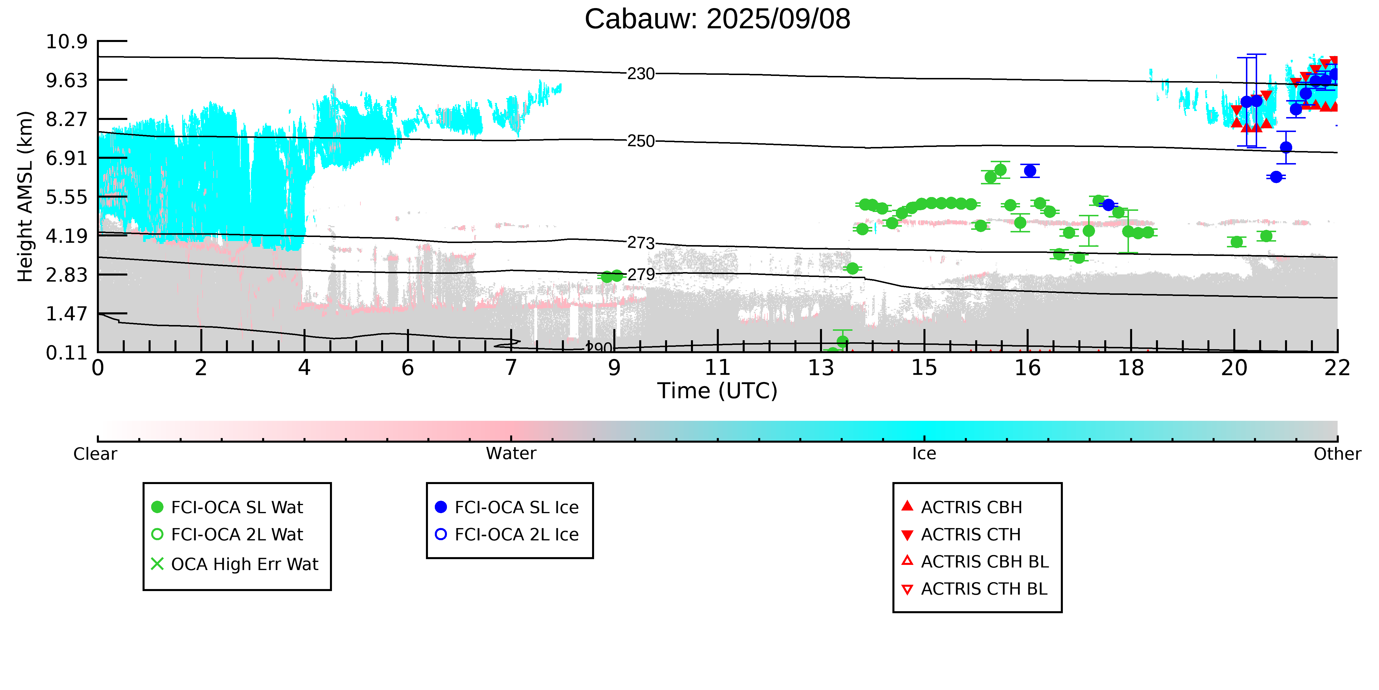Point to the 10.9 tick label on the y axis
(66, 41)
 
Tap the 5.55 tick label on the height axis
(66, 197)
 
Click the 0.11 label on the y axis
(66, 353)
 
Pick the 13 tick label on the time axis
(821, 368)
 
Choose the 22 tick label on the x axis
(1337, 368)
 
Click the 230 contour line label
(641, 74)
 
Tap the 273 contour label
(641, 243)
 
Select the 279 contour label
(641, 275)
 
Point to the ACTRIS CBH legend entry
(962, 507)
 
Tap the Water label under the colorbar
(511, 454)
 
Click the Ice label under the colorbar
(924, 454)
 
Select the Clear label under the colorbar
(95, 454)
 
